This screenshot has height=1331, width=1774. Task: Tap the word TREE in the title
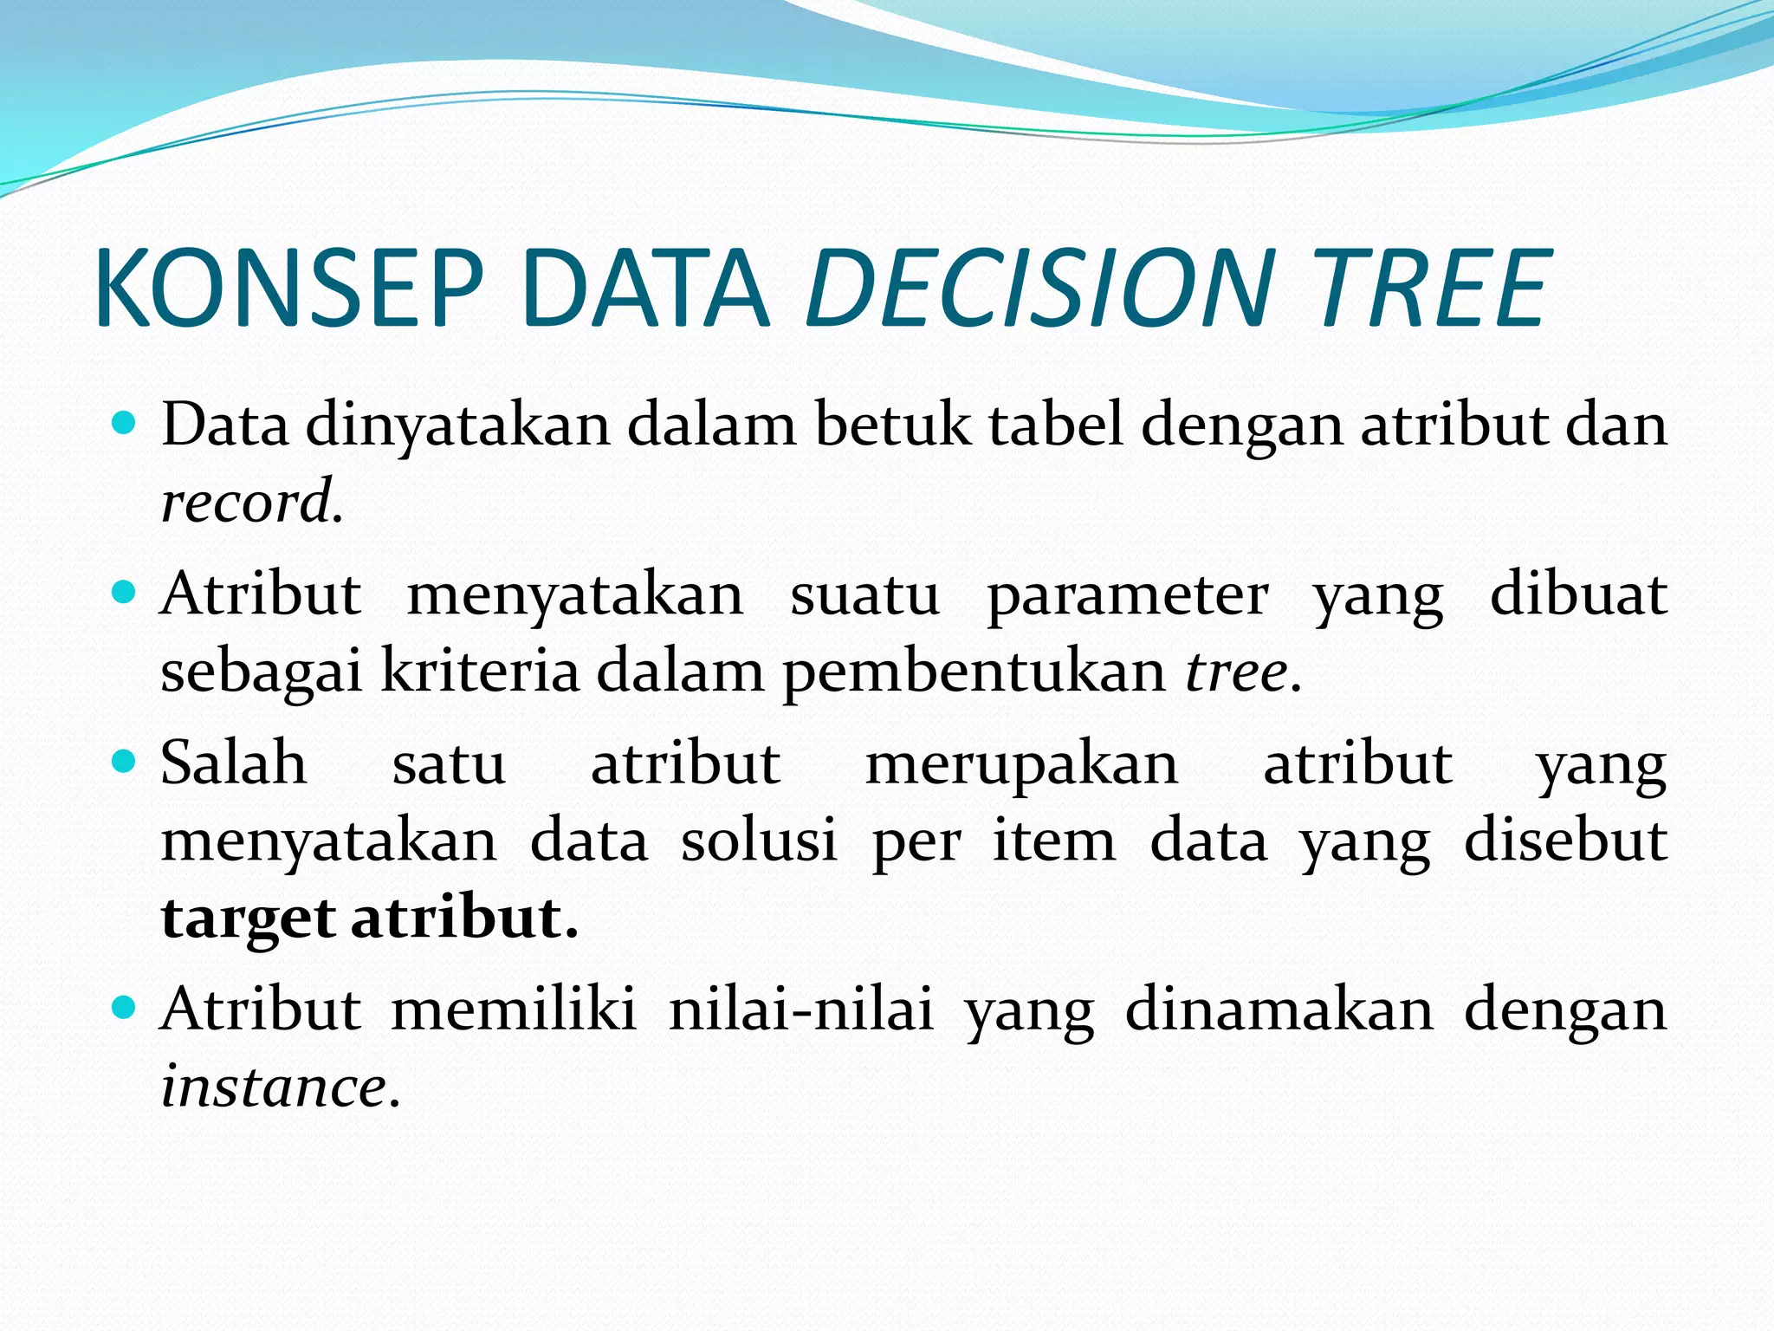click(1429, 288)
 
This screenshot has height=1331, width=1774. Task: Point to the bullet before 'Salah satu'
click(126, 763)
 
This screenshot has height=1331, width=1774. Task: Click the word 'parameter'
click(1127, 596)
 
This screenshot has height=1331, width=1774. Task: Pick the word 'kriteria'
click(480, 671)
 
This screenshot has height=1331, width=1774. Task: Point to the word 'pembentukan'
click(974, 672)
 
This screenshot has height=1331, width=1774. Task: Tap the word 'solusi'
click(759, 841)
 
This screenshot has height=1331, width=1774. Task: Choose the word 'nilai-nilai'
click(801, 1010)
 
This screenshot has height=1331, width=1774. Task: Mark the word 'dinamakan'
click(1279, 1010)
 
